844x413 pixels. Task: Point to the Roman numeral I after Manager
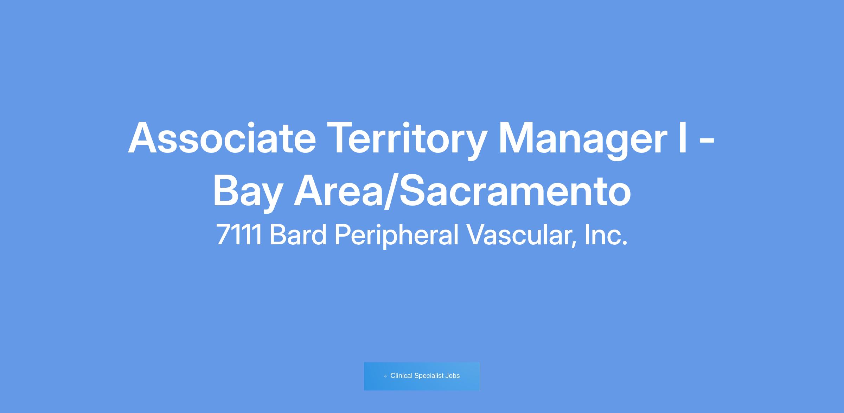click(683, 138)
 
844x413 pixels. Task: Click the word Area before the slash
click(338, 190)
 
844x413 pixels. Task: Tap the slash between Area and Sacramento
click(391, 192)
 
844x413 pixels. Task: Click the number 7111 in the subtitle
click(239, 235)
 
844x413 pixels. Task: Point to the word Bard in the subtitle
click(298, 234)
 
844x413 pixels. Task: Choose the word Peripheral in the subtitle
click(397, 236)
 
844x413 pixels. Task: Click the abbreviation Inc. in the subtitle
click(606, 234)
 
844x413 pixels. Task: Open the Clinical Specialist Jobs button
click(422, 376)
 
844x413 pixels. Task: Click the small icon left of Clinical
click(385, 376)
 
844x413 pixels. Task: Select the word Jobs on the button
click(453, 376)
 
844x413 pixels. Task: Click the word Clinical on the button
click(401, 376)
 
